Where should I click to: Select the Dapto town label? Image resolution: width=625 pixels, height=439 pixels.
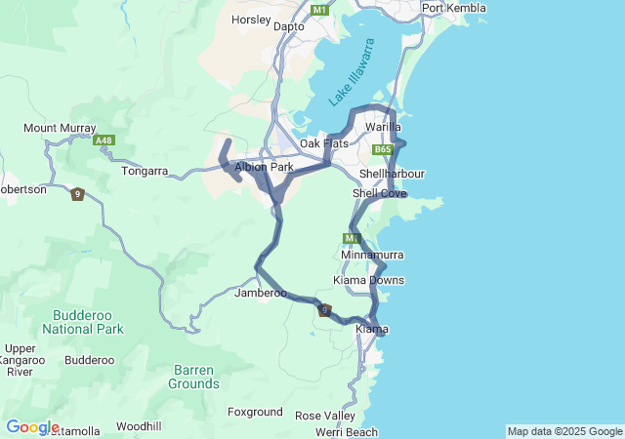[x=288, y=26]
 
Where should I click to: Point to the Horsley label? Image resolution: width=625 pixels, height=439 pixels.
[x=251, y=20]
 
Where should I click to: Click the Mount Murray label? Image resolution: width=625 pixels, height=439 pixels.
[x=60, y=128]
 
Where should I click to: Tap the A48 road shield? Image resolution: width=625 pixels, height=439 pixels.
[x=104, y=140]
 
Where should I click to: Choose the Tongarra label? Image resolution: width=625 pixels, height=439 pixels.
[x=145, y=171]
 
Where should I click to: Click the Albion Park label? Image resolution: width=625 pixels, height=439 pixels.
[x=264, y=167]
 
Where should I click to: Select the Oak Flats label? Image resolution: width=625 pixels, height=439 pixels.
[x=324, y=143]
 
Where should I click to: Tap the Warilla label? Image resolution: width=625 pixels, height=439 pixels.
[x=383, y=128]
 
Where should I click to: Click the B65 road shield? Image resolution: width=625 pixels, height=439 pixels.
[x=383, y=150]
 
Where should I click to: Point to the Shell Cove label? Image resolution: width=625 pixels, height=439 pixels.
[x=379, y=193]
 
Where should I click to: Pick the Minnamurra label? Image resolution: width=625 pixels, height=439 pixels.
[x=372, y=255]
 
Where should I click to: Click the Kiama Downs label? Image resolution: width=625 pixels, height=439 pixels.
[x=368, y=280]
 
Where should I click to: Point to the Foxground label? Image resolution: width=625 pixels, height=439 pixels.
[x=255, y=412]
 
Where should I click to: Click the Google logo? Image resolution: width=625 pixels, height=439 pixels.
[x=31, y=427]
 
